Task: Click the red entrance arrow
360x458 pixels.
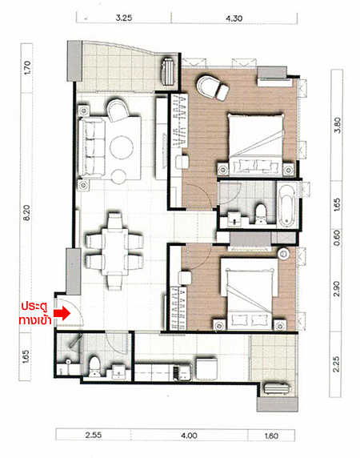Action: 62,313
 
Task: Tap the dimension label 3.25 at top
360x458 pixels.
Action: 124,18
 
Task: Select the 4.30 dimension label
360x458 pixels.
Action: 234,18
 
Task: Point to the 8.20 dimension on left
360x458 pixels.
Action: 26,212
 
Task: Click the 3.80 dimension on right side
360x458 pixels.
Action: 337,125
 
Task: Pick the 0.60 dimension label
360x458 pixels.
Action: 337,238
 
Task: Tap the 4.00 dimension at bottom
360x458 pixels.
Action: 189,436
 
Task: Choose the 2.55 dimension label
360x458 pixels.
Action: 94,435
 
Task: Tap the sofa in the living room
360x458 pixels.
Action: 92,148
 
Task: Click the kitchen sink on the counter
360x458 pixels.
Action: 182,373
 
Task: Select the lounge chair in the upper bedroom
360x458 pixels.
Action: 213,86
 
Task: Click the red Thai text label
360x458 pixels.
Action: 35,313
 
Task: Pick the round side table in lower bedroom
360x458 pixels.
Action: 283,254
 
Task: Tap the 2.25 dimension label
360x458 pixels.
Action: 336,364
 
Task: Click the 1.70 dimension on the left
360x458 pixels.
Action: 27,67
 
